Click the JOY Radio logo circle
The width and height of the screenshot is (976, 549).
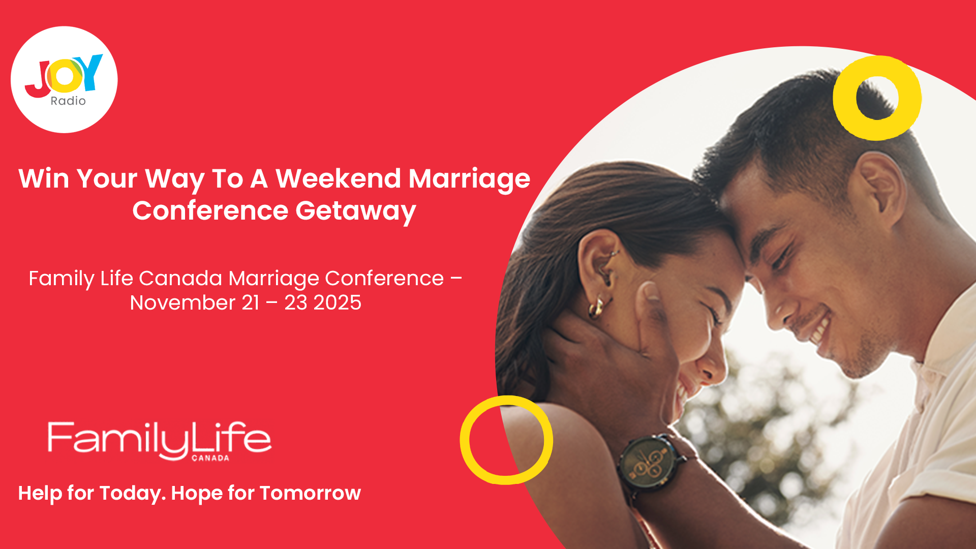tap(64, 80)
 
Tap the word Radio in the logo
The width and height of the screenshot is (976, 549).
tap(68, 101)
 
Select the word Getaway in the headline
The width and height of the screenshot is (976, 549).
tap(355, 210)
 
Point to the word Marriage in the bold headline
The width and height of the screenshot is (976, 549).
tap(469, 179)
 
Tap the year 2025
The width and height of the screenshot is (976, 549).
tap(337, 303)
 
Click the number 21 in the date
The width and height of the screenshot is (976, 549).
tap(250, 303)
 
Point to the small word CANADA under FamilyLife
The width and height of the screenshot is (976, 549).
tap(210, 458)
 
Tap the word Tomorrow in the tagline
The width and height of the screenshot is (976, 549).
tap(310, 493)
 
